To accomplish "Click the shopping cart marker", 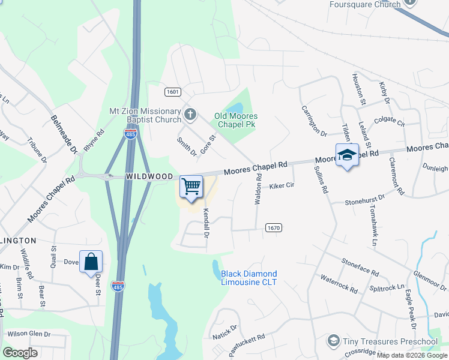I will tap(191, 187).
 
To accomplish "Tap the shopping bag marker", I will tap(91, 262).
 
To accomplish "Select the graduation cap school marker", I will tap(347, 155).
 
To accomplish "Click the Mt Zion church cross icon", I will tap(190, 114).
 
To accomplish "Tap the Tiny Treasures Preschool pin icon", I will tap(333, 341).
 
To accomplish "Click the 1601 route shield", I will tap(173, 92).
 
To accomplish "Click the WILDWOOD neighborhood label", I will tap(149, 176).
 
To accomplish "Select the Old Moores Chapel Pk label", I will tap(236, 120).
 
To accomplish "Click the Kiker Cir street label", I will tap(282, 186).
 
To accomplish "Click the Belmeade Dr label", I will tap(65, 134).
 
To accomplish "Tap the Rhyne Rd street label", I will tap(94, 140).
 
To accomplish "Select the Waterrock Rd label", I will tap(339, 283).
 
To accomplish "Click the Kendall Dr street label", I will tap(206, 223).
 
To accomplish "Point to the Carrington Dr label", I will tap(313, 121).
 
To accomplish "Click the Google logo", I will tap(20, 353).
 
